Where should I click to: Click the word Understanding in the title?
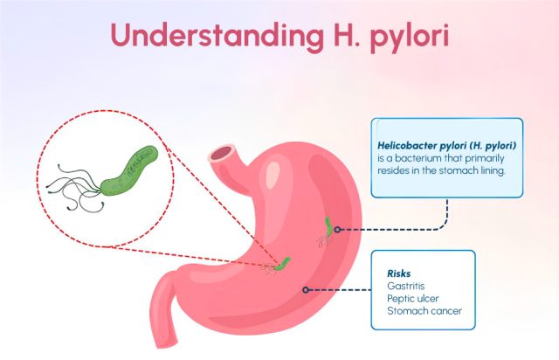point(217,35)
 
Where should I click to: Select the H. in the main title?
point(346,35)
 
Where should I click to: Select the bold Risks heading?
point(398,273)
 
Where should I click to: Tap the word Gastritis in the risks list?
point(405,286)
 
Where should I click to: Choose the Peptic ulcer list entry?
point(413,298)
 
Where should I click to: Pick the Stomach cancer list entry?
point(424,311)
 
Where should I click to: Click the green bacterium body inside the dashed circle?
point(129,170)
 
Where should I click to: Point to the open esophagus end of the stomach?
point(222,155)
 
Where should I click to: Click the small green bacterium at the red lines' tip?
point(284,264)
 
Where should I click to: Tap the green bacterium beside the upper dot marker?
point(328,226)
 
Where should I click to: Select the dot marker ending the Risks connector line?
point(306,290)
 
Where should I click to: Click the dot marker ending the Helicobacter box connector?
point(337,230)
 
